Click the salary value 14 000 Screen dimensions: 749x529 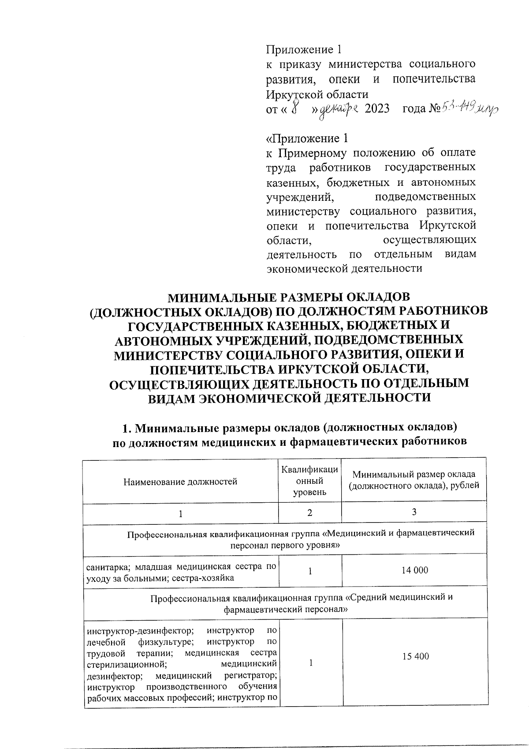tap(414, 570)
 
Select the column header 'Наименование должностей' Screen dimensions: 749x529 tap(180, 482)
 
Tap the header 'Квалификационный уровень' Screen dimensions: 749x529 tap(310, 481)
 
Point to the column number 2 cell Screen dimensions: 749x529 tap(310, 513)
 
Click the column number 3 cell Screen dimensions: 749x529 tap(414, 512)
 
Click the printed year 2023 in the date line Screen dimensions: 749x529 tap(377, 109)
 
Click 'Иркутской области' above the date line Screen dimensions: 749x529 tap(317, 94)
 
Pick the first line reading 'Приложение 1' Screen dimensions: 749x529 tap(304, 49)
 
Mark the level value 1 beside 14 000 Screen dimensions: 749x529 tap(310, 571)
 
